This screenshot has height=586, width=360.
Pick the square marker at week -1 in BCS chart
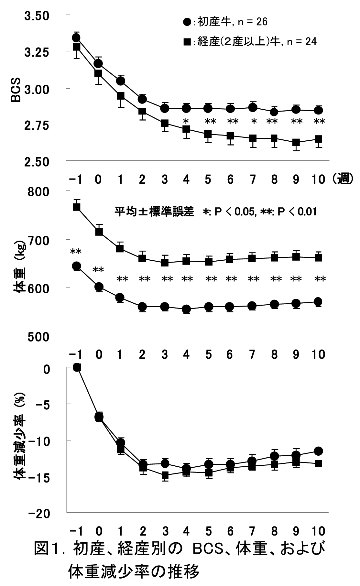[76, 47]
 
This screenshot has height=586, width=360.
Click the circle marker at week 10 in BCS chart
[318, 111]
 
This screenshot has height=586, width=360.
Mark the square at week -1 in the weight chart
[77, 207]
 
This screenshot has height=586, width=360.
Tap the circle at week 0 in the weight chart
[99, 287]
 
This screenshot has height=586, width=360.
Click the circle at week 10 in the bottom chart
[318, 451]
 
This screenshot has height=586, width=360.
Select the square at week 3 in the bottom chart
[165, 475]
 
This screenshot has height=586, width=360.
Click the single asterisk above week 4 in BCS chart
[186, 122]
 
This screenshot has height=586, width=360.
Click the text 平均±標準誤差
[154, 212]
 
